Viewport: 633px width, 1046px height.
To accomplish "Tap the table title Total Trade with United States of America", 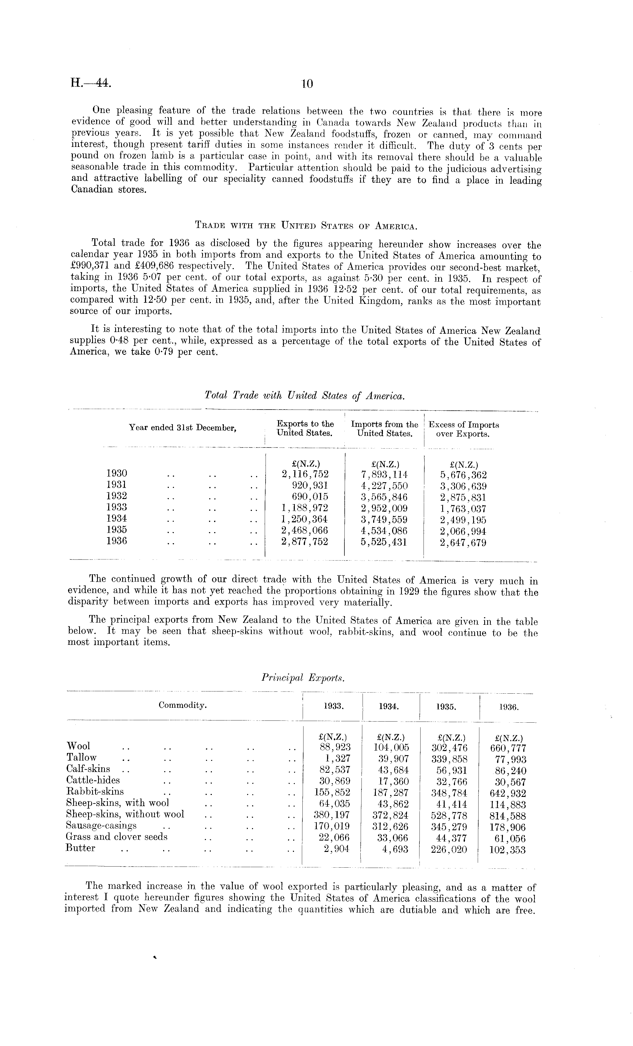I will pyautogui.click(x=305, y=395).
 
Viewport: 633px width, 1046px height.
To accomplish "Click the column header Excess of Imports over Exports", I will pyautogui.click(x=463, y=429).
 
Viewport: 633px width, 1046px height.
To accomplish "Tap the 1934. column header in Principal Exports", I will pyautogui.click(x=390, y=707).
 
